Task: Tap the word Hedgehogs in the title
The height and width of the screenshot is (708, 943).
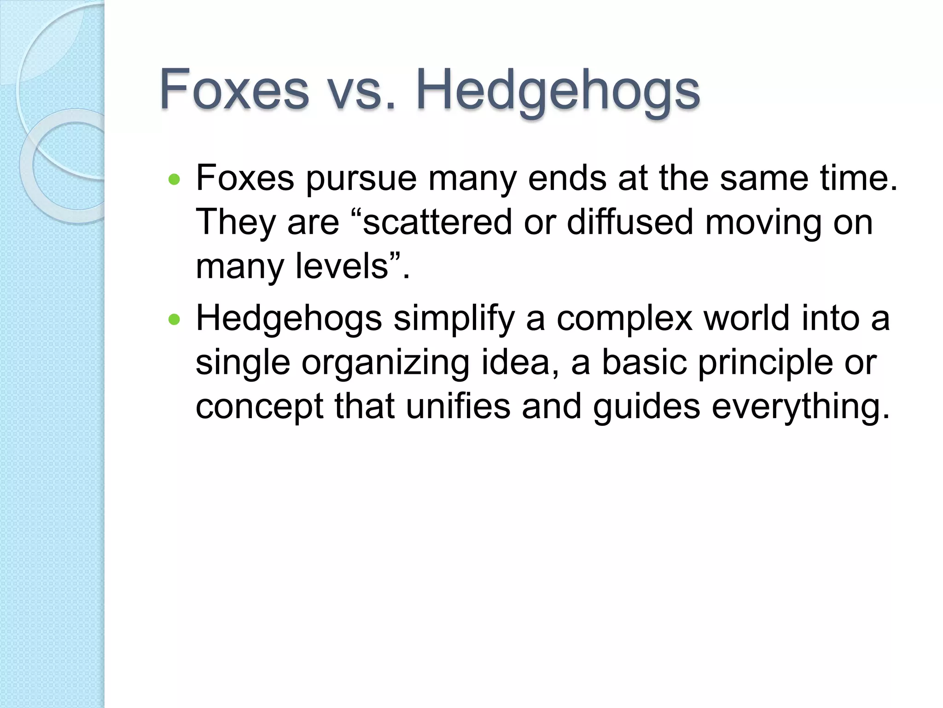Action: coord(558,91)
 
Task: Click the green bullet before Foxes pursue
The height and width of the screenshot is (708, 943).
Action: coord(174,179)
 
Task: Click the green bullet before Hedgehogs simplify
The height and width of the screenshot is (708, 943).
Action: coord(174,319)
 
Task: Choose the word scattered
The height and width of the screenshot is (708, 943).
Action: coord(437,222)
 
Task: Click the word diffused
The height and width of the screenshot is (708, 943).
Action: coord(629,222)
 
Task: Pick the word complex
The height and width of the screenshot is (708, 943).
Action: coord(624,319)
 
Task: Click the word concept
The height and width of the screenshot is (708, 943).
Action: coord(259,407)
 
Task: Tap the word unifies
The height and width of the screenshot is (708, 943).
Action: coord(458,407)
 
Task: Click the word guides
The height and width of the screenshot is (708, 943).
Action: coord(646,407)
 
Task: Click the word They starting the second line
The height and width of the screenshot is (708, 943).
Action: coord(235,223)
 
